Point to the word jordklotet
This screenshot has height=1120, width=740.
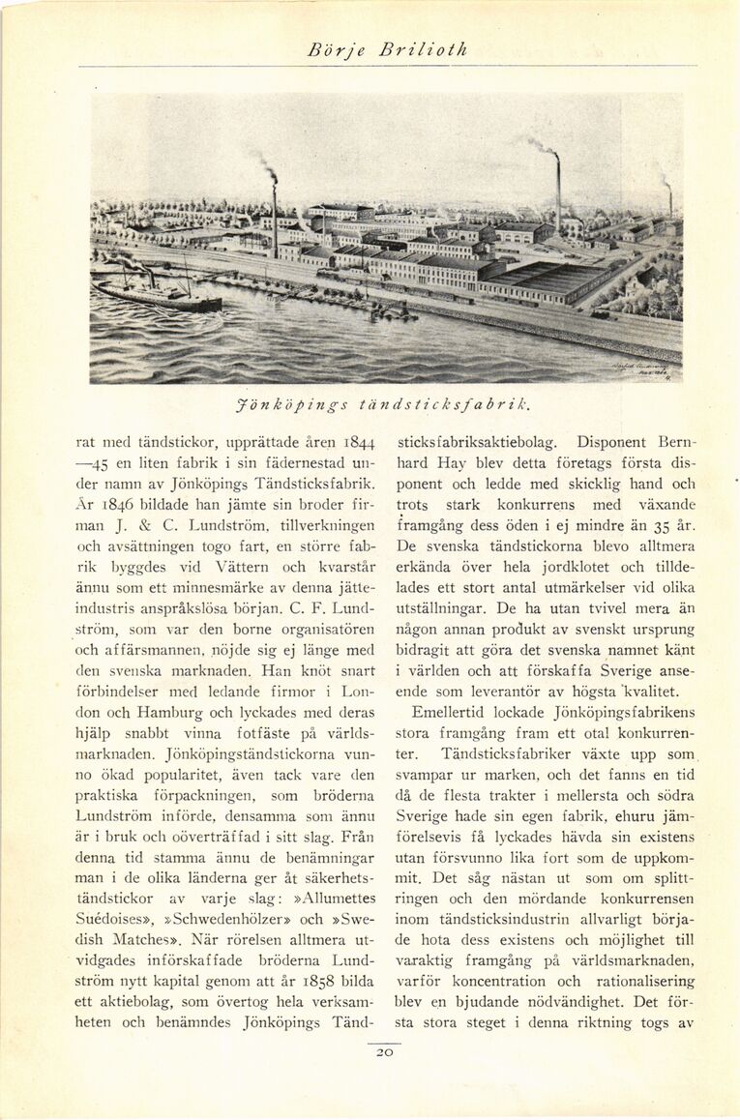pos(568,568)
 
